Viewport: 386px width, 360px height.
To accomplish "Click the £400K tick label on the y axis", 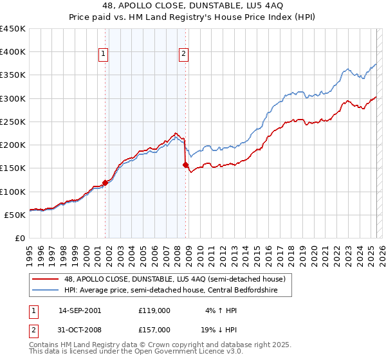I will tap(13, 52).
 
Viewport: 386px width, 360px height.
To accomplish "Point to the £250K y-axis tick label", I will tap(13, 122).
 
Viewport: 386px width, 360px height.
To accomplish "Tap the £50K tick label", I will tap(15, 215).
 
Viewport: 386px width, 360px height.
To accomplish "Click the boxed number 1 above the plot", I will tap(103, 55).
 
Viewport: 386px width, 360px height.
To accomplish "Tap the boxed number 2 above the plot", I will tap(183, 55).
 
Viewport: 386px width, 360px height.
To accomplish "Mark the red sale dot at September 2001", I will tap(105, 183).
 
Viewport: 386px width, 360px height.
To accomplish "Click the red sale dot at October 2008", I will tap(186, 165).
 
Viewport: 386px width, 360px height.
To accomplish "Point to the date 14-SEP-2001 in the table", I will tap(79, 310).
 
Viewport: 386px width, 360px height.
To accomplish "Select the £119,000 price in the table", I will tap(154, 310).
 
